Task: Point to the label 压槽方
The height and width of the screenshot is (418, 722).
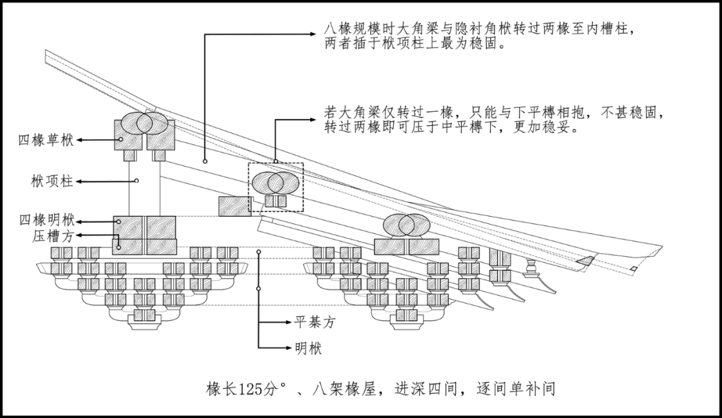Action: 54,235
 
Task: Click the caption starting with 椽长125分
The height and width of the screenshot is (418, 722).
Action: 380,389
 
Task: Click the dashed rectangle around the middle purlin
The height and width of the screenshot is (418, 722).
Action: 275,188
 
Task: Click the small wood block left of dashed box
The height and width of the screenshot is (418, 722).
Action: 234,206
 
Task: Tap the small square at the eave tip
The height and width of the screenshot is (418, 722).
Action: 632,268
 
